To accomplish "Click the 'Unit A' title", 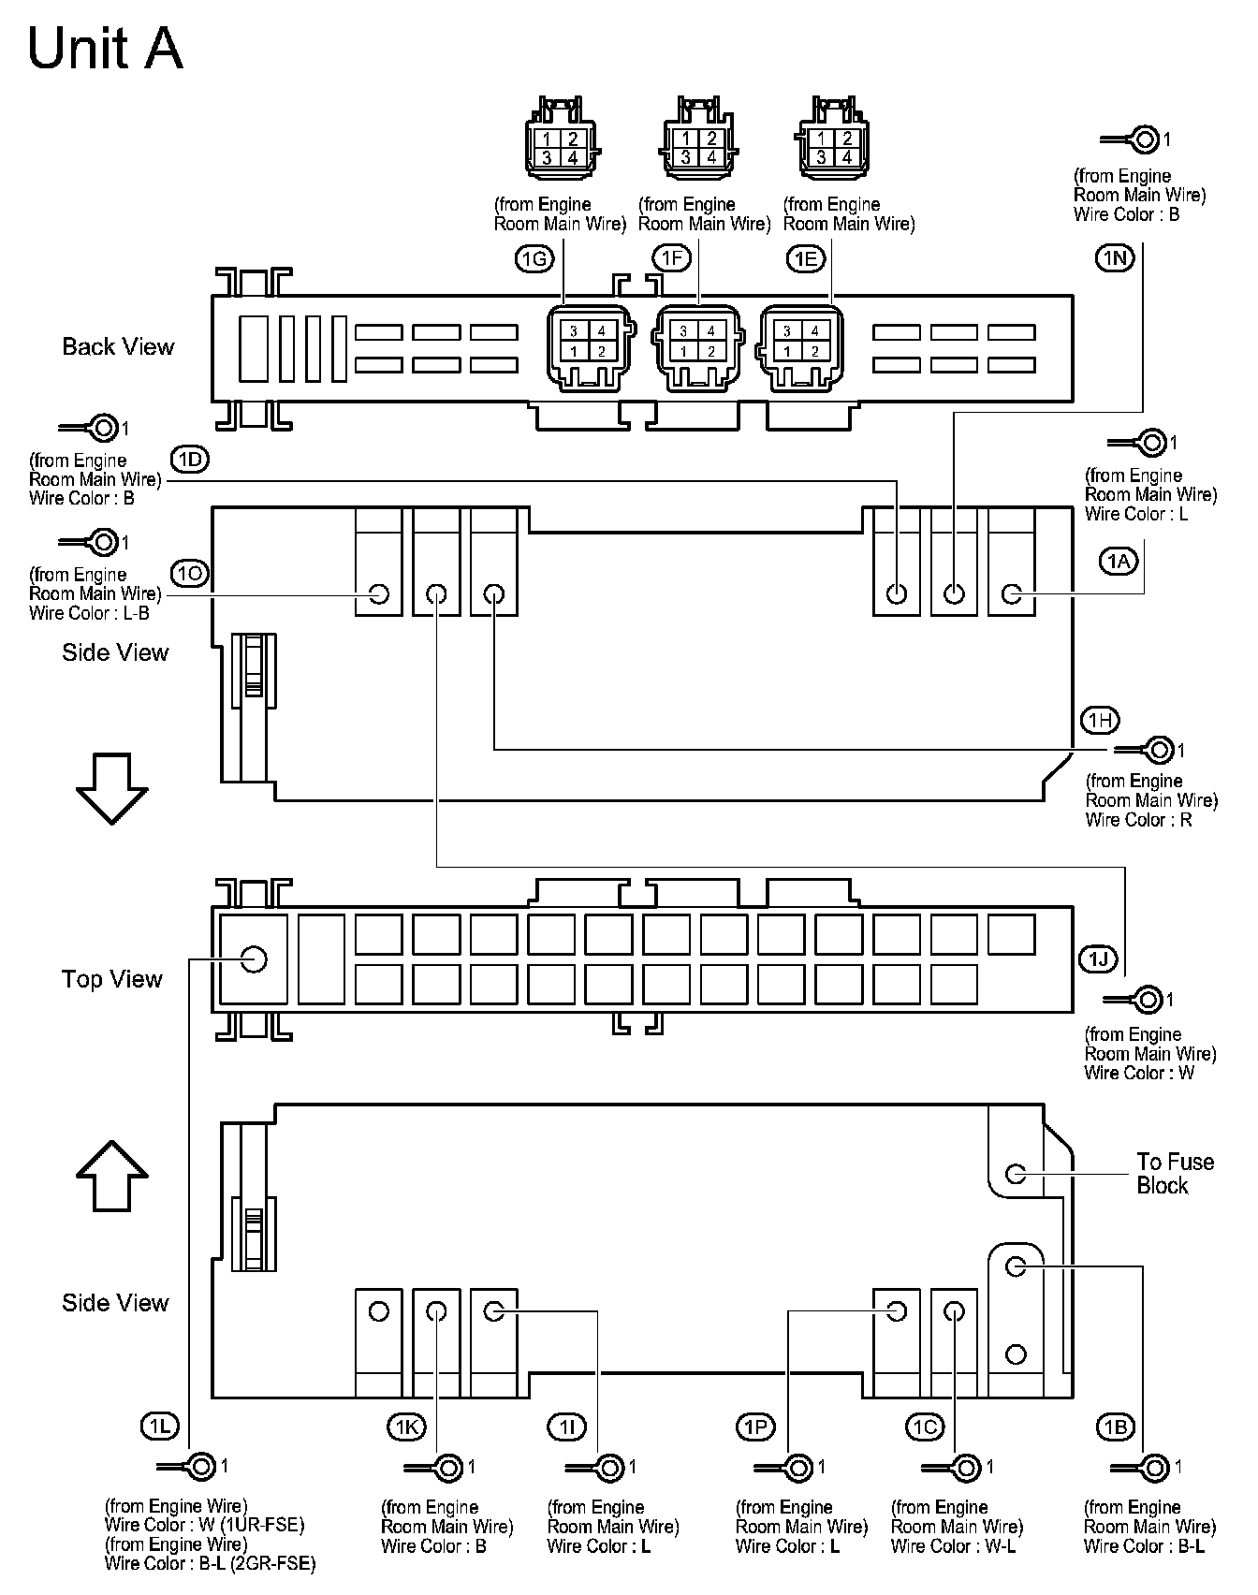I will pyautogui.click(x=105, y=49).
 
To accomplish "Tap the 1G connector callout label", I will pyautogui.click(x=534, y=258).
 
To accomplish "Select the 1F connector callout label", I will pyautogui.click(x=672, y=258).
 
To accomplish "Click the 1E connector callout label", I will pyautogui.click(x=807, y=258).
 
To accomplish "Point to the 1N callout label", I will pyautogui.click(x=1115, y=258).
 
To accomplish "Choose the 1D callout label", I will pyautogui.click(x=190, y=459).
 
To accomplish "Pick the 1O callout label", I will pyautogui.click(x=190, y=573).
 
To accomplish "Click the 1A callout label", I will pyautogui.click(x=1118, y=561).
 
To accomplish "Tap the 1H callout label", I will pyautogui.click(x=1100, y=720).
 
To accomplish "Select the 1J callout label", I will pyautogui.click(x=1097, y=958).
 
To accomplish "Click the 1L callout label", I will pyautogui.click(x=159, y=1427).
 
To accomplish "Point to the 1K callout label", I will pyautogui.click(x=405, y=1427).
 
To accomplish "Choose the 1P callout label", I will pyautogui.click(x=755, y=1427).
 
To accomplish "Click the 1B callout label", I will pyautogui.click(x=1115, y=1427).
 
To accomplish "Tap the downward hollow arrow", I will pyautogui.click(x=111, y=788).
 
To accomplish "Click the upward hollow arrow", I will pyautogui.click(x=111, y=1176).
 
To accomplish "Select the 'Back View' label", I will pyautogui.click(x=118, y=347).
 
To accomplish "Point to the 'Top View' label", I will pyautogui.click(x=112, y=979).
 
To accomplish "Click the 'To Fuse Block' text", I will pyautogui.click(x=1175, y=1174).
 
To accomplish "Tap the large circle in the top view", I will pyautogui.click(x=254, y=958).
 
